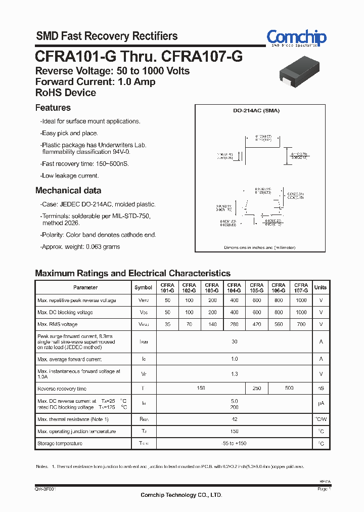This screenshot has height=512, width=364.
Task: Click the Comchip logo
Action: tap(296, 38)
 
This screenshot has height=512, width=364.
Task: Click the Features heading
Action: tap(53, 108)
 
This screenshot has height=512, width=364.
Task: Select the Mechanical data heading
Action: tap(68, 191)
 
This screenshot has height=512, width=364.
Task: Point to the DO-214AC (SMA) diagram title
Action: tap(256, 111)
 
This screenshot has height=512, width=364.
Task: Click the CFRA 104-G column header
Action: tap(234, 288)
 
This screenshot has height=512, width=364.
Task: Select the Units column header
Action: tap(321, 287)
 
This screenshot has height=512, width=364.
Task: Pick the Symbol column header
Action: tap(143, 287)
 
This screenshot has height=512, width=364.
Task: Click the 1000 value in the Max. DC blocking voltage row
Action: tap(301, 313)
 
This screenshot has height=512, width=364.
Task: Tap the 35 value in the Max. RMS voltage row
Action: tap(168, 324)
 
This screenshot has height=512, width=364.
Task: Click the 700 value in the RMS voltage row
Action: tap(301, 324)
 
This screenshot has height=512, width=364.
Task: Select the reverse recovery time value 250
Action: tap(256, 389)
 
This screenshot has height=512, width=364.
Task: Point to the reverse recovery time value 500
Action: tap(289, 389)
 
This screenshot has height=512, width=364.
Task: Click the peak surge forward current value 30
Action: tap(234, 342)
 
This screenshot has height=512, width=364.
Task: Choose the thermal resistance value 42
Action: tap(234, 419)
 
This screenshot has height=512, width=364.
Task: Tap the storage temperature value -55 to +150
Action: tap(234, 444)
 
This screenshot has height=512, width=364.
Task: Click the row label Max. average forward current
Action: tap(70, 359)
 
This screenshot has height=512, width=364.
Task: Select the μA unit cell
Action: tap(321, 404)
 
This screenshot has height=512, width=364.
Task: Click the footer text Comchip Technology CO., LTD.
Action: tap(181, 495)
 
